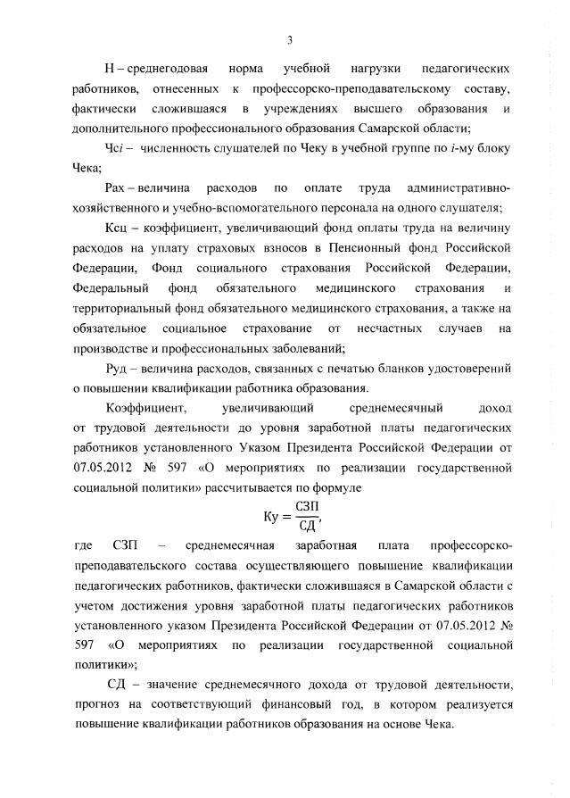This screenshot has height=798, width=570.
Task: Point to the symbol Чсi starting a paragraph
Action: (x=116, y=148)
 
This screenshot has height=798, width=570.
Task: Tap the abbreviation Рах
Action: (x=117, y=188)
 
